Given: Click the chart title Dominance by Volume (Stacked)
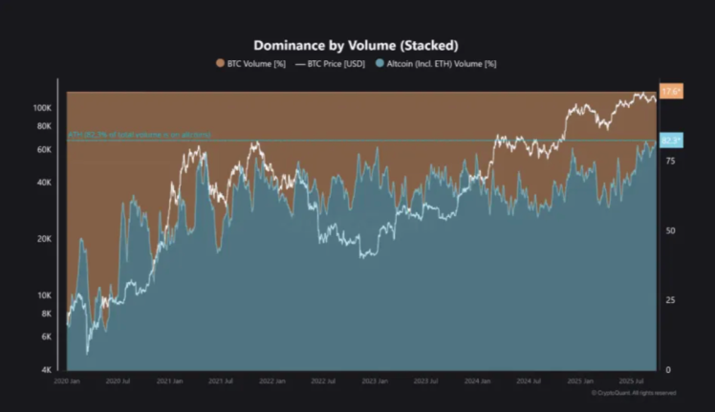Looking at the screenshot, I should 356,45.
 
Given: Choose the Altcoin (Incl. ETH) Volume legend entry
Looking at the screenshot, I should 439,64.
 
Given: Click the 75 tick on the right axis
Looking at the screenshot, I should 670,162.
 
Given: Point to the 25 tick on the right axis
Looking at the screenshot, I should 670,300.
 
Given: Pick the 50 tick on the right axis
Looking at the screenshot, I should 670,230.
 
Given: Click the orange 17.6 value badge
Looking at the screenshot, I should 671,92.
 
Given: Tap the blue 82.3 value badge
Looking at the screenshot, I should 671,141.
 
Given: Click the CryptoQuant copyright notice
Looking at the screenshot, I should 634,392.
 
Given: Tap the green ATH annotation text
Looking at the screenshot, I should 140,136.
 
